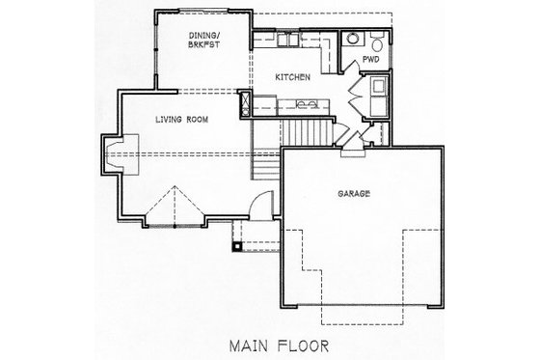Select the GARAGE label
(356, 192)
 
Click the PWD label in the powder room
(369, 60)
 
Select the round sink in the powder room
(353, 40)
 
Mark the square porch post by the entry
(236, 245)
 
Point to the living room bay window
(175, 205)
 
